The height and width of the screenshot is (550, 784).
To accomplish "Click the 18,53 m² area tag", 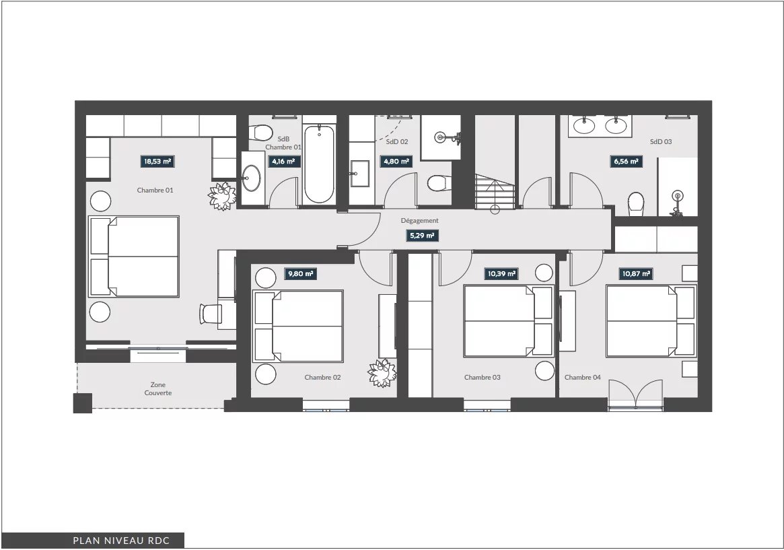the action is tap(158, 162).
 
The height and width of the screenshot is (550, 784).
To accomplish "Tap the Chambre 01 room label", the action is tap(155, 190).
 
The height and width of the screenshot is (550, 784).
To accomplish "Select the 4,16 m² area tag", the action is tap(283, 162).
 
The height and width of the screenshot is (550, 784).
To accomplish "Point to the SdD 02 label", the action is tap(397, 141).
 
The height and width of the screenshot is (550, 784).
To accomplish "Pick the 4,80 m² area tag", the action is tap(396, 162).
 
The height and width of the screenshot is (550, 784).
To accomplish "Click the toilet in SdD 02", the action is tap(439, 183).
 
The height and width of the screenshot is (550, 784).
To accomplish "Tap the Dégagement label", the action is tap(419, 221).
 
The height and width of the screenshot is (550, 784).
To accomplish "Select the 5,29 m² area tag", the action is tap(422, 236).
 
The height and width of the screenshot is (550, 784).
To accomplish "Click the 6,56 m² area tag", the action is tap(626, 162).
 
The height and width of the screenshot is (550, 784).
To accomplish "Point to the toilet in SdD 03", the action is tap(636, 204).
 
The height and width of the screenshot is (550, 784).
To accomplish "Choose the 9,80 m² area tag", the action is tap(301, 274).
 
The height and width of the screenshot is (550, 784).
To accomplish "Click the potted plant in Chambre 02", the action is tap(382, 373).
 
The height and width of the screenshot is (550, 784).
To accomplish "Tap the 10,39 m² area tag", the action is tap(501, 274).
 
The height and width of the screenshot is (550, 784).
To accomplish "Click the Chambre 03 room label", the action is tap(482, 378).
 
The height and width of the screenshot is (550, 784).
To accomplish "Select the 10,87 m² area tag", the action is tap(636, 274).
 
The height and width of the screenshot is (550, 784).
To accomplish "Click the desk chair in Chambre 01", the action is tap(211, 314).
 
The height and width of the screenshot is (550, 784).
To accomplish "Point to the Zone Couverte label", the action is tap(158, 388).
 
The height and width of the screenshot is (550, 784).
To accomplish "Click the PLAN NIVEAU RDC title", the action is tap(122, 541).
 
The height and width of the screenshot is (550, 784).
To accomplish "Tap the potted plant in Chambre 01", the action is tap(222, 196).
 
